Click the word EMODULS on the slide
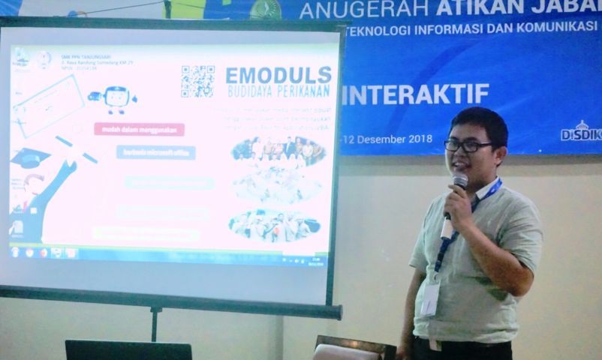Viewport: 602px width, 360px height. pos(278,75)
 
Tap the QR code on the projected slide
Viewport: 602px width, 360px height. pos(197,81)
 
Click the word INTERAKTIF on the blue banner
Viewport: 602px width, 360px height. pos(415,94)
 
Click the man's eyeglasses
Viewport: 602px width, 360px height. pos(467,145)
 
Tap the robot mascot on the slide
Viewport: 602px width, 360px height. pos(115,98)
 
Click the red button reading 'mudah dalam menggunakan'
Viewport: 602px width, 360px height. pos(139,129)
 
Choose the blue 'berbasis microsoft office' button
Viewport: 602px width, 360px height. pos(155,152)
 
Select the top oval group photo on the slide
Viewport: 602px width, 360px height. pos(278,151)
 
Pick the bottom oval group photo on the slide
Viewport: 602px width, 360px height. pos(275,224)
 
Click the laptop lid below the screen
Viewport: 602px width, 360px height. pos(128,350)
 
